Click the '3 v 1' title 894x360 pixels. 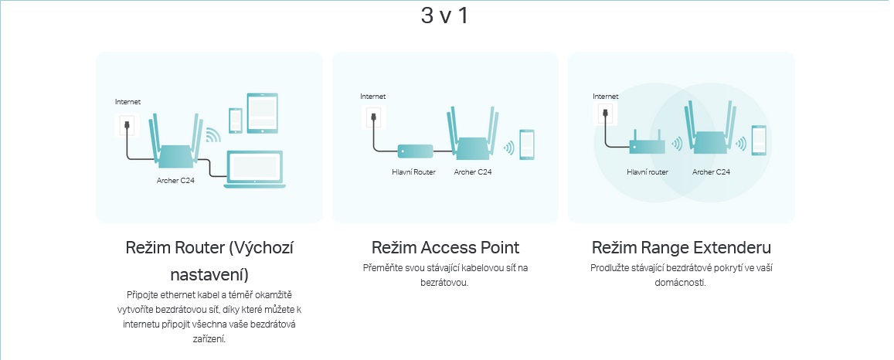click(444, 15)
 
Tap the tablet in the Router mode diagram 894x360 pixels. click(261, 113)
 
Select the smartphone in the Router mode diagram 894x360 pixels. click(235, 120)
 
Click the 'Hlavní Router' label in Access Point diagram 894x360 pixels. click(413, 172)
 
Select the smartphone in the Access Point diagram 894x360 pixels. click(528, 144)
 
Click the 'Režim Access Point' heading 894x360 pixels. click(445, 248)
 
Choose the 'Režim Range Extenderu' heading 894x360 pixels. click(681, 248)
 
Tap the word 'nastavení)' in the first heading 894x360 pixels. click(209, 274)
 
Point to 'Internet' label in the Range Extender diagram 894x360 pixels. click(605, 97)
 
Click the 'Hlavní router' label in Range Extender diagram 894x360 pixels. click(648, 172)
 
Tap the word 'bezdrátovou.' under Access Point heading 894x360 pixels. click(445, 283)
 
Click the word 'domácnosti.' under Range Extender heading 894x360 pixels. click(681, 283)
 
